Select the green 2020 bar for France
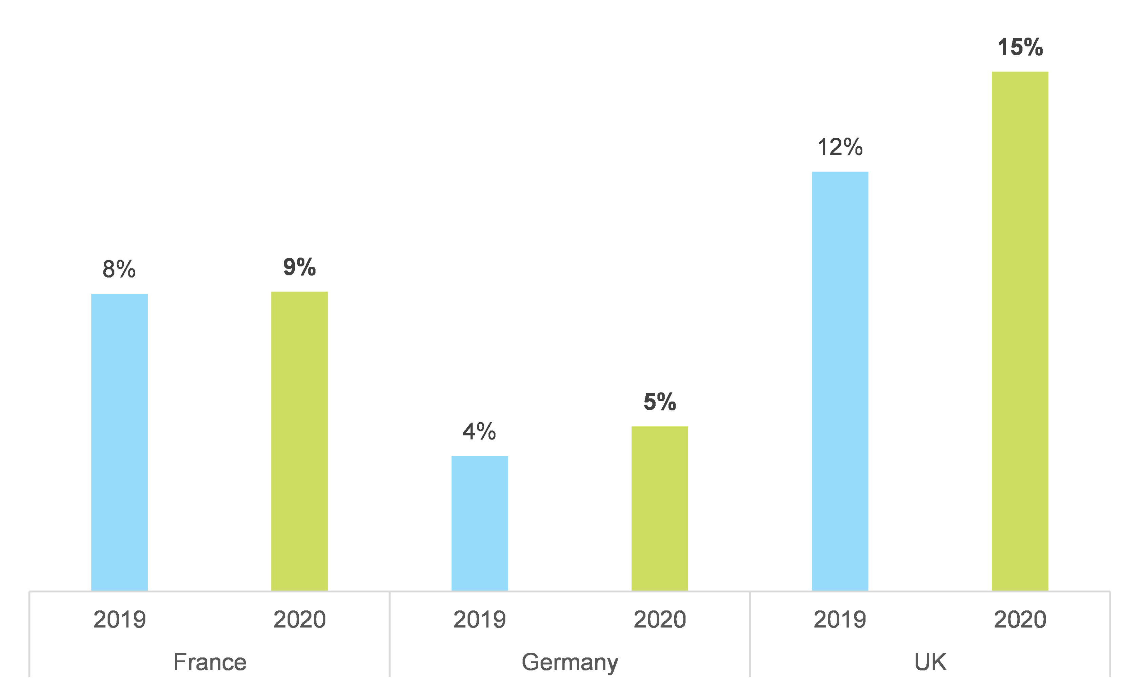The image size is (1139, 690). click(299, 441)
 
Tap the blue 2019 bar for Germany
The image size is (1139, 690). click(479, 523)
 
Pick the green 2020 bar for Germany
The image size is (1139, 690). click(659, 508)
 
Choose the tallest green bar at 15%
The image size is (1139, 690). click(1020, 331)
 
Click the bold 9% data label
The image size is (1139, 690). click(299, 267)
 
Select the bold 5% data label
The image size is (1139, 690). click(660, 401)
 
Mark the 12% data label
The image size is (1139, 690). click(840, 147)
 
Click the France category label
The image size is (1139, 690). click(210, 662)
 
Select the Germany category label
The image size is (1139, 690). click(569, 662)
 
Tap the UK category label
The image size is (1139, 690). click(930, 662)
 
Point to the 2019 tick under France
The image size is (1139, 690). click(119, 619)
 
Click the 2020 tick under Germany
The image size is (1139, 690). click(660, 619)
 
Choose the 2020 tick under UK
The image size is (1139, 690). click(1020, 619)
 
